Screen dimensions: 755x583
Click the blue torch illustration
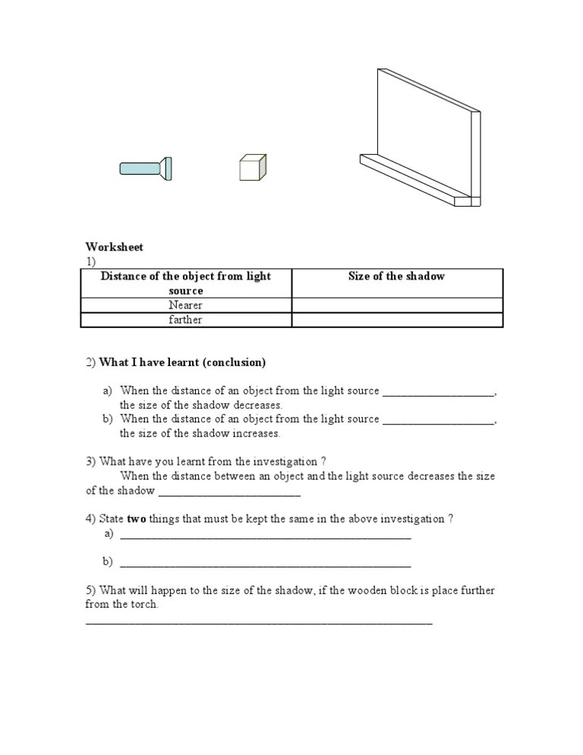click(144, 168)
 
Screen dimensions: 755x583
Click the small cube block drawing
click(252, 167)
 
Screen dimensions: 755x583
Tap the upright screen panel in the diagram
click(425, 137)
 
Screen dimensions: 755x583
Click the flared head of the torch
click(166, 168)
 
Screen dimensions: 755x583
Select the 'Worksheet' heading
click(114, 247)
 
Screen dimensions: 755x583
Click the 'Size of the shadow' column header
click(396, 276)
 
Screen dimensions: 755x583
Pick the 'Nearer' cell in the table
click(186, 305)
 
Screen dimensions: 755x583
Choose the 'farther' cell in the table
click(186, 320)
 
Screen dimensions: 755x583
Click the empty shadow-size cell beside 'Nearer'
click(397, 305)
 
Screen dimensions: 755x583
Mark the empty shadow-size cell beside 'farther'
click(397, 320)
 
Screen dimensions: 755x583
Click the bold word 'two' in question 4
click(136, 519)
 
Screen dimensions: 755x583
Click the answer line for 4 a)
click(266, 536)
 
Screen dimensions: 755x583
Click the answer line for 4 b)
click(266, 564)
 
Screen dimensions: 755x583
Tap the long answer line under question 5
click(259, 622)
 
